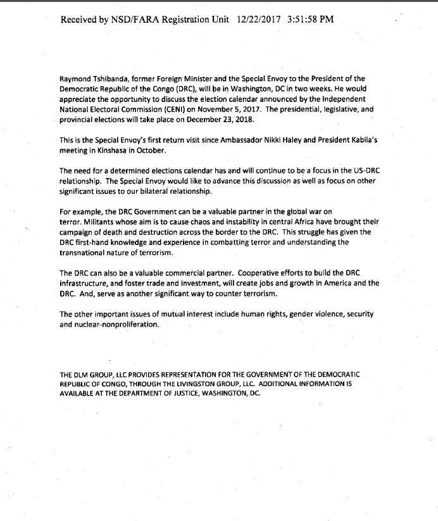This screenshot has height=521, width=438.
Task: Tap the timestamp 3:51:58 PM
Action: click(x=310, y=20)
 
